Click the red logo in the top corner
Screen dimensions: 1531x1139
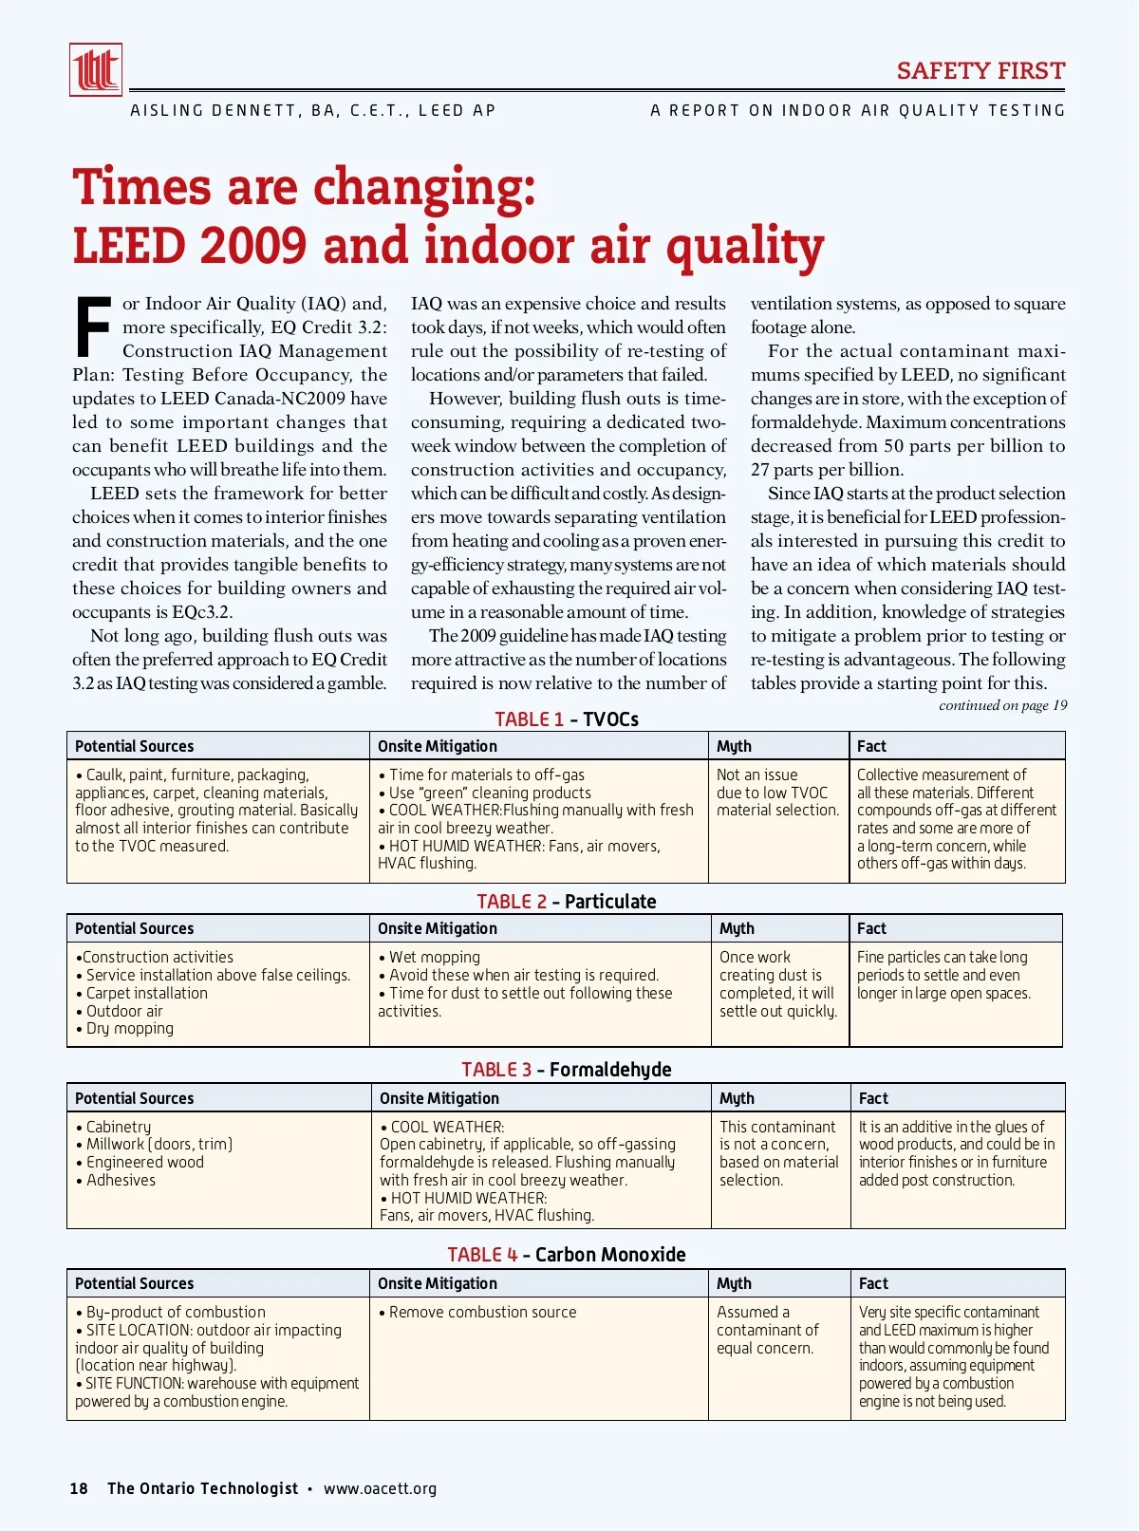tap(96, 70)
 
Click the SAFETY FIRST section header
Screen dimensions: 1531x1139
tap(980, 71)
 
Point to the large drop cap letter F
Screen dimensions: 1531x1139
tap(93, 328)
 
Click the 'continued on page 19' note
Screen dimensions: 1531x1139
tap(1002, 705)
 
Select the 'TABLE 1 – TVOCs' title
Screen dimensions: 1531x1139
tap(567, 719)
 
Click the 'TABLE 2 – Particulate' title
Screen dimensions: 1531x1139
tap(567, 902)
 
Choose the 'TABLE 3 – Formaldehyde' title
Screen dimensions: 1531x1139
tap(567, 1070)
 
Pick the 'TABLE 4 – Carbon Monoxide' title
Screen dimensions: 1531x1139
tap(567, 1255)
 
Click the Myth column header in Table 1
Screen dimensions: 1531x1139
tap(734, 746)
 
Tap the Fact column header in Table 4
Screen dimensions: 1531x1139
tap(873, 1283)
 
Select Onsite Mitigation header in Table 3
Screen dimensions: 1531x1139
tap(439, 1098)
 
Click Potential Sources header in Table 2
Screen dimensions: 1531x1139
tap(134, 928)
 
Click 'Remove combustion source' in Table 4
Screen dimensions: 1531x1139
tap(481, 1312)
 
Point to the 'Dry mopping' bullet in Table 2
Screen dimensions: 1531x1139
tap(129, 1028)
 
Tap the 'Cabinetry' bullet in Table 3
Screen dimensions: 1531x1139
tap(118, 1127)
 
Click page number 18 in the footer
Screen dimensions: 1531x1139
tap(79, 1488)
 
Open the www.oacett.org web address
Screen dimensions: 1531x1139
tap(380, 1488)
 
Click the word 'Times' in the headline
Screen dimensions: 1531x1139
tap(141, 187)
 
